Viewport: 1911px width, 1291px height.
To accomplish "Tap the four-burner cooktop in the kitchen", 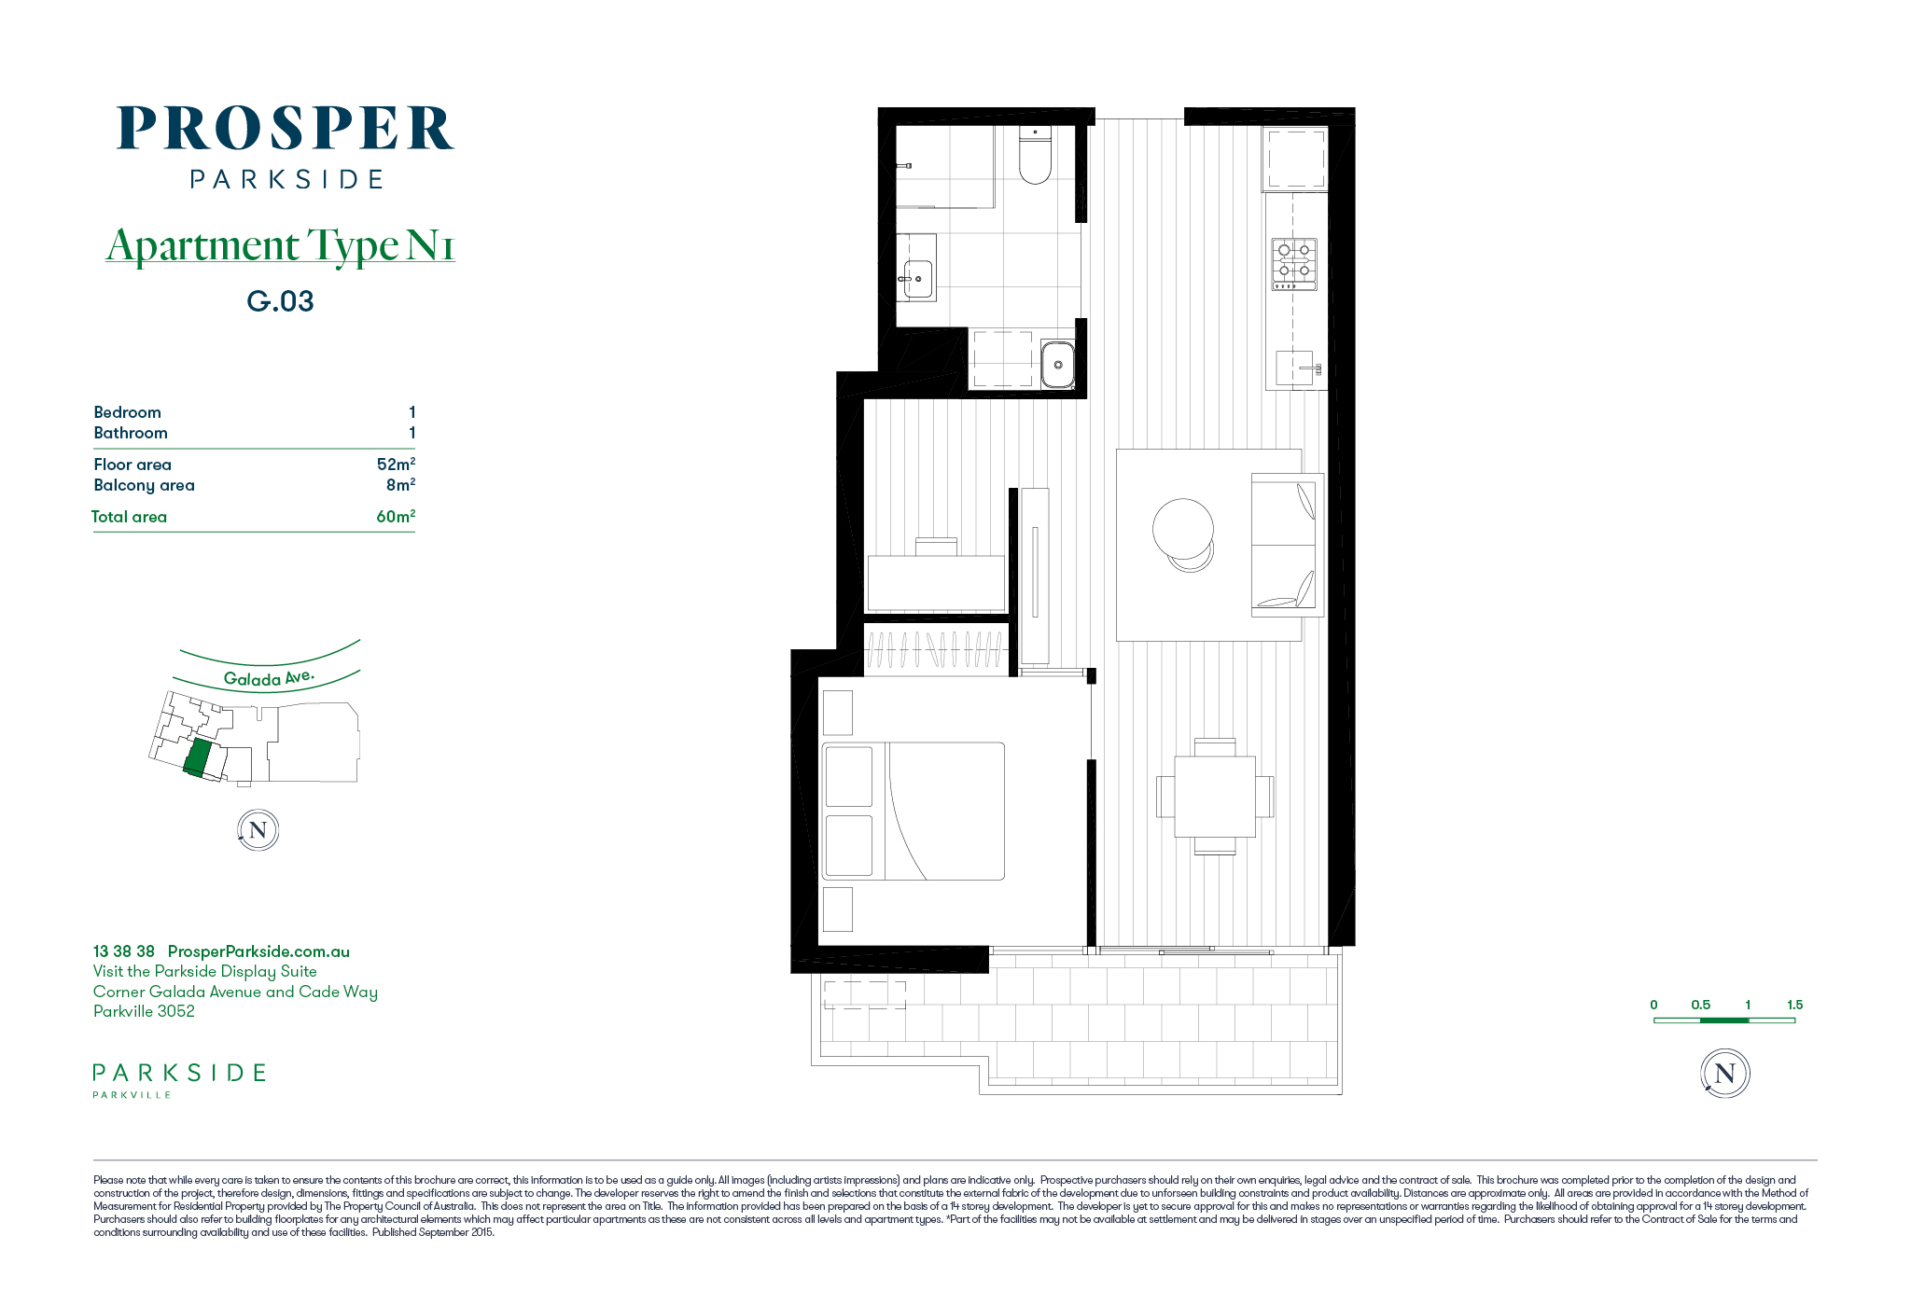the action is [x=1294, y=263].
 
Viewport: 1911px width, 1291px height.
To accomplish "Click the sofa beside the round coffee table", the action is [x=1287, y=545].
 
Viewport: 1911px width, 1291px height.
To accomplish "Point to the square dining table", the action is [x=1215, y=796].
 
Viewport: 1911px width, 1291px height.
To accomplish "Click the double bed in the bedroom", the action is [x=914, y=811].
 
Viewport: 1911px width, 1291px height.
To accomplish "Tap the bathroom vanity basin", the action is [x=918, y=279].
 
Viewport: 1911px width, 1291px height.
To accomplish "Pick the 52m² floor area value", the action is [x=396, y=464].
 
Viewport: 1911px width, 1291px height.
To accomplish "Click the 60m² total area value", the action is [x=396, y=516].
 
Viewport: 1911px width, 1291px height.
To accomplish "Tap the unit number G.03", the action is [x=280, y=301].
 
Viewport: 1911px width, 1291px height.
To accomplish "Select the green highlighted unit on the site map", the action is [x=198, y=757].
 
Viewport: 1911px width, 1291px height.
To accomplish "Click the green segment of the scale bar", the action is [x=1724, y=1020].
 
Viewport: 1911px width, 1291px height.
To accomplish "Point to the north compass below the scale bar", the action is [x=1725, y=1074].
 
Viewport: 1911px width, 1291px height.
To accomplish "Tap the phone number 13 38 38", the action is [x=124, y=951].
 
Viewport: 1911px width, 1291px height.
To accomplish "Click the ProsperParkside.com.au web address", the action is [x=258, y=951].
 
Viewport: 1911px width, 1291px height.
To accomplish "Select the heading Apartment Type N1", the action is [x=280, y=245].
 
